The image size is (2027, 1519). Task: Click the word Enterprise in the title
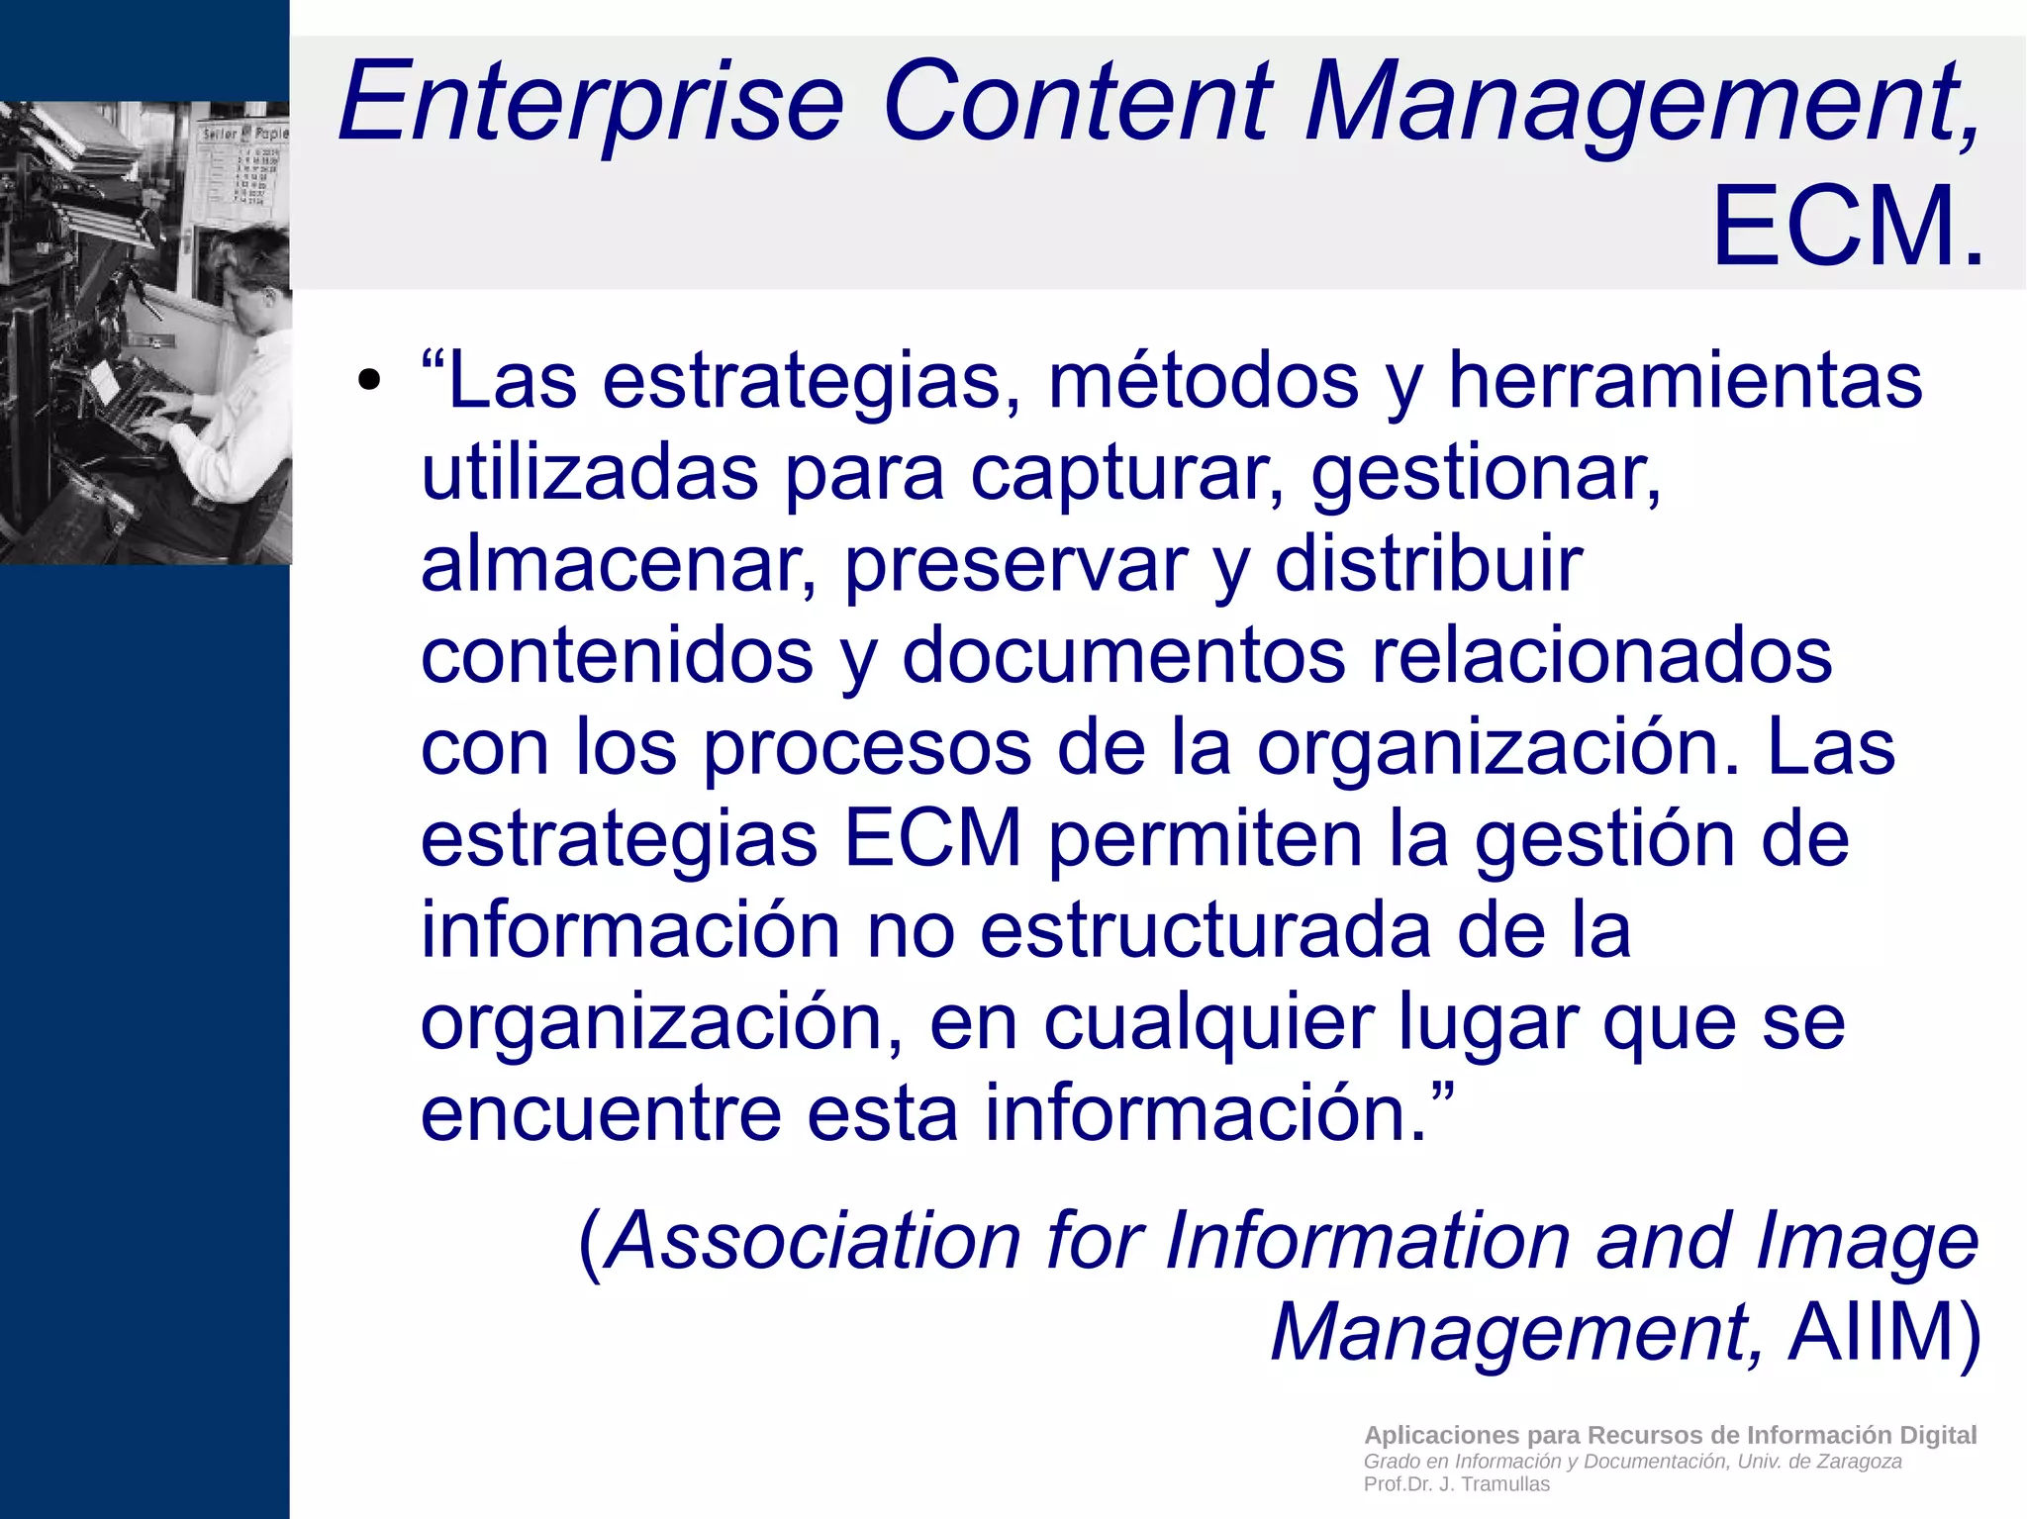[x=591, y=103]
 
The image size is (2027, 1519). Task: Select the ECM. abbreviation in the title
[x=1847, y=228]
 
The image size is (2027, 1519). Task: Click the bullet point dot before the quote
[x=369, y=381]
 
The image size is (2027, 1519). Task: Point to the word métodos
[x=1204, y=381]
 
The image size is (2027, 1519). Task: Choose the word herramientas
[x=1685, y=381]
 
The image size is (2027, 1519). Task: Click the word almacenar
[x=619, y=564]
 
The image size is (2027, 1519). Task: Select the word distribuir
[x=1428, y=564]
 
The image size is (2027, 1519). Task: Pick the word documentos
[x=1123, y=655]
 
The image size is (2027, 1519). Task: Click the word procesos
[x=867, y=747]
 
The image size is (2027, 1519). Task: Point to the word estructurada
[x=1206, y=930]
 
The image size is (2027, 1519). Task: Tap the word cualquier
[x=1208, y=1022]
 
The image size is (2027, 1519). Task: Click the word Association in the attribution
[x=812, y=1241]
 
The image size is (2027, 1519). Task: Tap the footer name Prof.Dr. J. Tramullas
[x=1456, y=1484]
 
